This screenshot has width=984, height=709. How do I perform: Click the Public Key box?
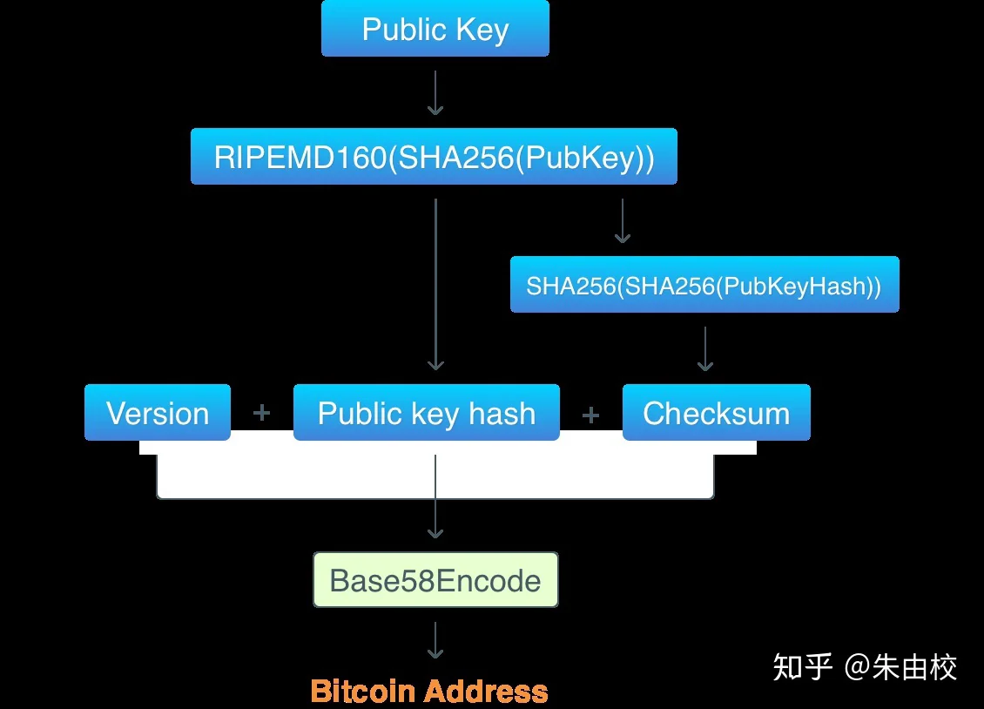pos(435,28)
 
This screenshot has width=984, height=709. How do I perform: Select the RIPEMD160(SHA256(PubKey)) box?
pos(434,156)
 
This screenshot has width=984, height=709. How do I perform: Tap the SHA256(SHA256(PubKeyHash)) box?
pos(704,284)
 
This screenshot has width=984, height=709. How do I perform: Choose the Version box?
pos(158,412)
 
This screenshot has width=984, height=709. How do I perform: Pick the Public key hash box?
pos(427,412)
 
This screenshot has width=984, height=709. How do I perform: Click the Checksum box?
pos(716,412)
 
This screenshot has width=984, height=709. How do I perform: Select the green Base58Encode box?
pos(435,580)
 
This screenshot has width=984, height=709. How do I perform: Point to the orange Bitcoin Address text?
pos(429,691)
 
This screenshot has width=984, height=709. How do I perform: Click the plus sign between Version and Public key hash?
pos(262,413)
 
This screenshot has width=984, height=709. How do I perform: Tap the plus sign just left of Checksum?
pos(590,415)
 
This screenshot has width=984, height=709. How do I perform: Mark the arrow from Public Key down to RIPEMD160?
pos(435,93)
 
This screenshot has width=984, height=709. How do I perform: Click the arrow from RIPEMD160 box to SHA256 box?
pos(623,221)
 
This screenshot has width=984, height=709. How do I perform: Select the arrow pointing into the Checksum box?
pos(705,349)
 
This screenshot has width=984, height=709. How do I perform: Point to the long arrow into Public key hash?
pos(435,285)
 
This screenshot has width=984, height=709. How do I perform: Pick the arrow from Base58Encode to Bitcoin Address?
pos(435,640)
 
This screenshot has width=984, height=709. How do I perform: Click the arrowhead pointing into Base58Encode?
pos(435,533)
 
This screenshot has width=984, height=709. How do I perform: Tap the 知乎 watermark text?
pos(803,666)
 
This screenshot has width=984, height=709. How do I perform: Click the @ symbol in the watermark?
pos(858,667)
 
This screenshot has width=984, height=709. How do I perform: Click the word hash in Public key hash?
pos(502,413)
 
